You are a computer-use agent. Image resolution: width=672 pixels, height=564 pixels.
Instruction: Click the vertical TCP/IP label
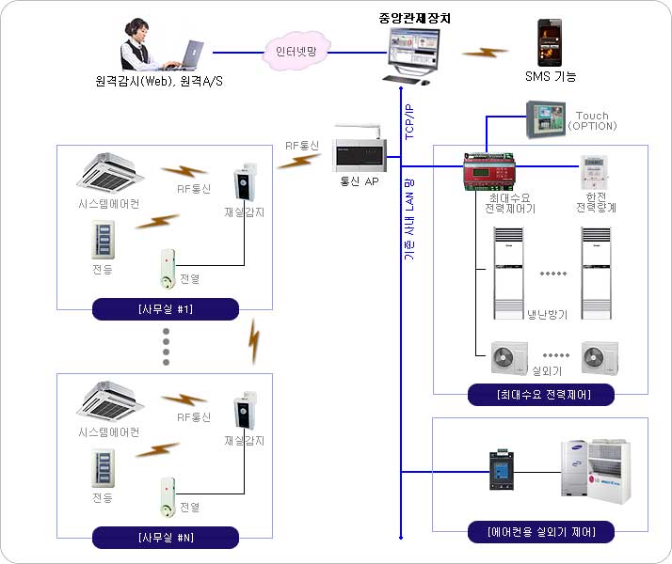[408, 120]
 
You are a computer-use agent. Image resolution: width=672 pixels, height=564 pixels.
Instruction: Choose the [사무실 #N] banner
[165, 538]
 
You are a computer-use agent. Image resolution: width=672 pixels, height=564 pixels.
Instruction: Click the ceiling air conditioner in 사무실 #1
[111, 169]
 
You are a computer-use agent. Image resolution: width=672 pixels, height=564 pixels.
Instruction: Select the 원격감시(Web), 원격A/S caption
[159, 81]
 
